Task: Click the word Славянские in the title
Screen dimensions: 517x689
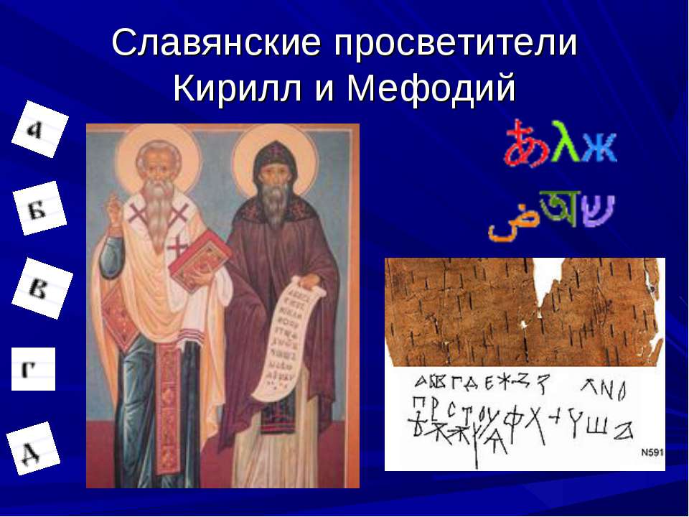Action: pos(217,45)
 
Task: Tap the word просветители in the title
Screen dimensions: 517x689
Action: pos(454,45)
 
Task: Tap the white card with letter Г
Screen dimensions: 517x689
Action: pos(33,369)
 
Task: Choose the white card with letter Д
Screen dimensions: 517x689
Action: pos(32,449)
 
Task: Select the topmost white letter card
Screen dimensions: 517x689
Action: pos(39,129)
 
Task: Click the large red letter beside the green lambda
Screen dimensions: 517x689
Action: pos(526,144)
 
